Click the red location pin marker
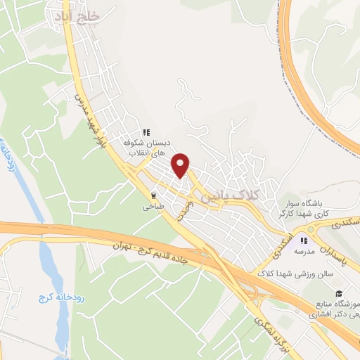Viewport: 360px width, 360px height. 181,165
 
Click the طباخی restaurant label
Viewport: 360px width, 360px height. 153,207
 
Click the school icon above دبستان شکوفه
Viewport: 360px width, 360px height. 146,131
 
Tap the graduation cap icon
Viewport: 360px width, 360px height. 339,292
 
